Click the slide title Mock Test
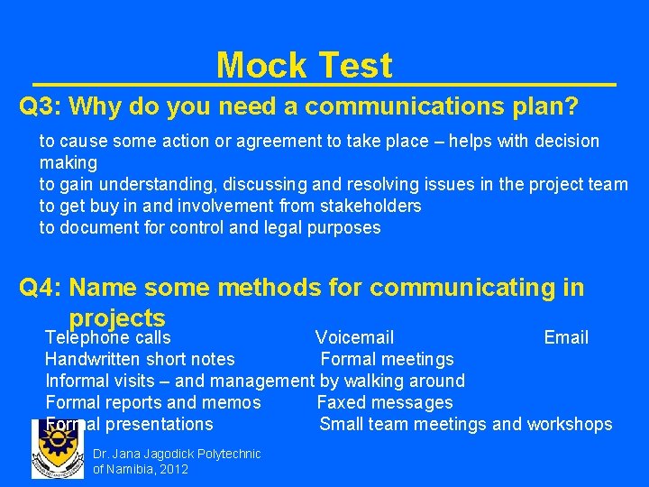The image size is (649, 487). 304,66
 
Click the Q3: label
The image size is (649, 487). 41,107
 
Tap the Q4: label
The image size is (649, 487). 41,289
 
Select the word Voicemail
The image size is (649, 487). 354,338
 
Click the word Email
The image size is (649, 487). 566,338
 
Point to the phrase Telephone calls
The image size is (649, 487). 108,338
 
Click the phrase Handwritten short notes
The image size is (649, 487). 140,360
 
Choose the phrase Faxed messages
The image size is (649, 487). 385,403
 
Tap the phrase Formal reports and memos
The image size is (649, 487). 153,403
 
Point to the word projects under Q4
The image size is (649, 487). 117,318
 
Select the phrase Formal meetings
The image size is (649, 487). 388,360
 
